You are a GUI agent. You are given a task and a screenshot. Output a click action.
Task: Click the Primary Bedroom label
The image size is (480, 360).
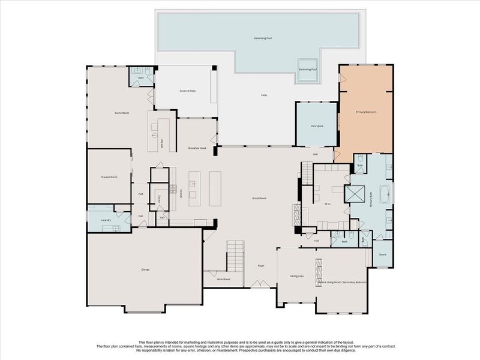coord(365,112)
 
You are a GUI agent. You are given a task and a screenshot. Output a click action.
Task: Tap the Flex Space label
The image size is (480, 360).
coord(317,126)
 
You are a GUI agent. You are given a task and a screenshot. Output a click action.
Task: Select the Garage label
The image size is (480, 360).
coord(145,269)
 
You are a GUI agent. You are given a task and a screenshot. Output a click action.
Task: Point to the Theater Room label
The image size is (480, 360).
coord(109,178)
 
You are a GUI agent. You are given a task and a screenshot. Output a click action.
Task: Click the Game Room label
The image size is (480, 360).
coord(122,113)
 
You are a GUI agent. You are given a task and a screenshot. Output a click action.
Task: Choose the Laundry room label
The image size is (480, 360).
coord(106,220)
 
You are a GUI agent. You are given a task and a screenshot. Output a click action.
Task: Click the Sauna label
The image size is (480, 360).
coord(382,254)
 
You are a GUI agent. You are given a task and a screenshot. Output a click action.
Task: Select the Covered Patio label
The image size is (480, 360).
coord(188,91)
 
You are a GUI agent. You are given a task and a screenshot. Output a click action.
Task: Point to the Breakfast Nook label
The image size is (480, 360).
coord(197,148)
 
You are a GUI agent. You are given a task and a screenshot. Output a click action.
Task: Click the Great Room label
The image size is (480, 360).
coord(259,199)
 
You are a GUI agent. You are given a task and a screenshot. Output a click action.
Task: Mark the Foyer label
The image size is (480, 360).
coord(261,265)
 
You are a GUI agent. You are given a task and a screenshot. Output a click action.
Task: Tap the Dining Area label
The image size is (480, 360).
coord(296,276)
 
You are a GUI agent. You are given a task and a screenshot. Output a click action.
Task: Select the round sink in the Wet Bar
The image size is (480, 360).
coord(154,136)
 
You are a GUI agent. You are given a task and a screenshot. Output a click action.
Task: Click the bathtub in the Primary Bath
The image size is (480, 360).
coord(386,196)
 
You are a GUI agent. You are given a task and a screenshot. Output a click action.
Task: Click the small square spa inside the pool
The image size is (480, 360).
coord(308,65)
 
